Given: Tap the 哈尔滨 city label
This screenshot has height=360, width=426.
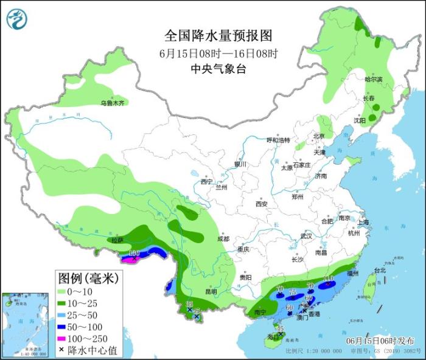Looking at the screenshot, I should point(373,80).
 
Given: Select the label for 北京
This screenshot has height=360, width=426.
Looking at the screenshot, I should point(319,136).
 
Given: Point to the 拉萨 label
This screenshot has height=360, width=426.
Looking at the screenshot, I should point(117,240).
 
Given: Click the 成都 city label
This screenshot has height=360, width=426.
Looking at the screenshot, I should point(223,238).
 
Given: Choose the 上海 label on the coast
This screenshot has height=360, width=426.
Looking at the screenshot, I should point(364,222).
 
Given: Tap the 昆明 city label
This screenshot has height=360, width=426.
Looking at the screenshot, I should point(211,291).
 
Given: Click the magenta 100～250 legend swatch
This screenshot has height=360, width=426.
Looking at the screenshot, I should point(63,339).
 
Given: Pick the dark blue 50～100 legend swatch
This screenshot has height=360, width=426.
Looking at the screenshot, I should point(63,327).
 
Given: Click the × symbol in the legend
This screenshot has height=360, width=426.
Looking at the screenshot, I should point(63,350).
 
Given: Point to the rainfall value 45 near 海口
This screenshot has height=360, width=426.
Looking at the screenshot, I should point(280,328).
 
